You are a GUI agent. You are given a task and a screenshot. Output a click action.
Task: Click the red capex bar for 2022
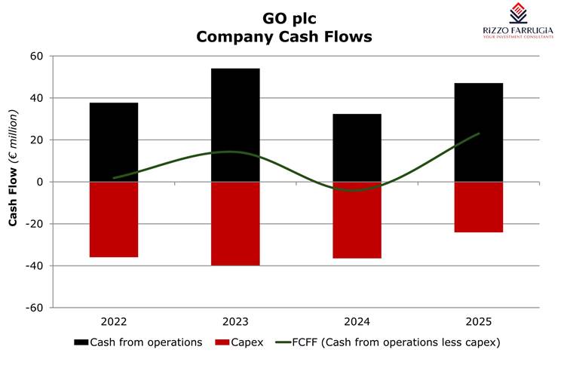click(x=113, y=219)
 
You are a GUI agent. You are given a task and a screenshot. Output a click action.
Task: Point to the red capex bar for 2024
click(x=357, y=220)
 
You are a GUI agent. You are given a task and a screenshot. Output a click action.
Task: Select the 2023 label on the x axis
click(x=235, y=322)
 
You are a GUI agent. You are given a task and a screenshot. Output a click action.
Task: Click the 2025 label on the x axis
click(x=478, y=322)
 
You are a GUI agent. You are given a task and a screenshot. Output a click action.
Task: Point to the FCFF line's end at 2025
click(x=479, y=133)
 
